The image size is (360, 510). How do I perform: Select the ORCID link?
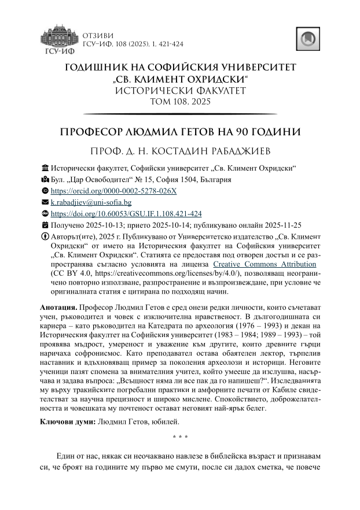(114, 191)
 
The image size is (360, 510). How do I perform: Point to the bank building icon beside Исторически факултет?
(45, 168)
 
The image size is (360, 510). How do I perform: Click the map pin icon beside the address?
(45, 180)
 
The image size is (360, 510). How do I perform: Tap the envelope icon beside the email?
(45, 202)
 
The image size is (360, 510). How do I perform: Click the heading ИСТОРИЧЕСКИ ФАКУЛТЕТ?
(180, 91)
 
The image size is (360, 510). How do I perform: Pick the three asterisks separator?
(180, 437)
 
